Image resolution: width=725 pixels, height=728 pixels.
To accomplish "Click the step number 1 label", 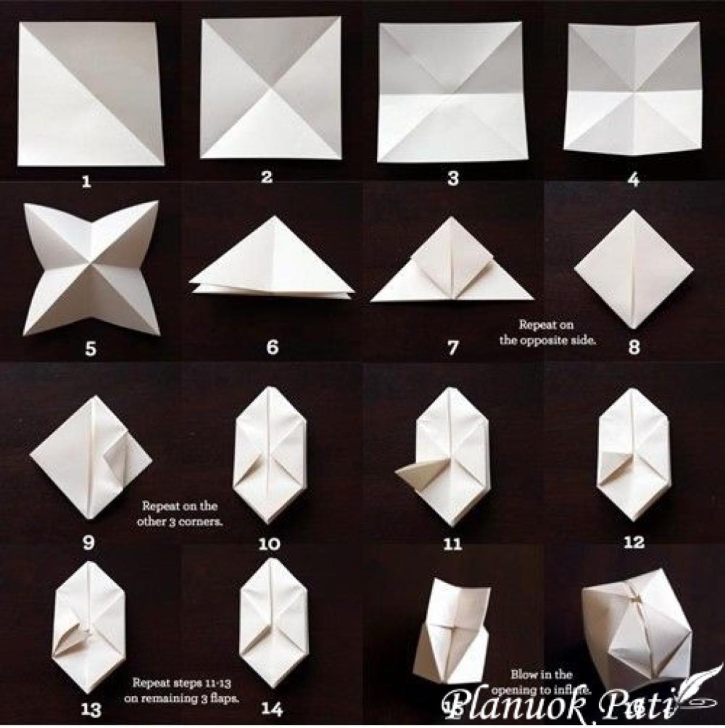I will [87, 181].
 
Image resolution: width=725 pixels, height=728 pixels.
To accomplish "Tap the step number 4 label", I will [633, 180].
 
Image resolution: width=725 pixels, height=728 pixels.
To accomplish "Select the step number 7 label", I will [453, 347].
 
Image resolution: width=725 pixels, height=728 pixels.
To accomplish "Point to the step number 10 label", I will [269, 544].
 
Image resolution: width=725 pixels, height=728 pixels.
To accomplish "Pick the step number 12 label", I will [633, 542].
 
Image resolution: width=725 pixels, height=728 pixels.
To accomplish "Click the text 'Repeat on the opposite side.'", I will [547, 333].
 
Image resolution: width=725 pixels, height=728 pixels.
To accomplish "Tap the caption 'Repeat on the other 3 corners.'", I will [180, 513].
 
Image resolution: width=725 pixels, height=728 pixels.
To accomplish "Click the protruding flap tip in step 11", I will [406, 476].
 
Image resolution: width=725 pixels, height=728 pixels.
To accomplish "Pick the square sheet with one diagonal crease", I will [90, 94].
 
